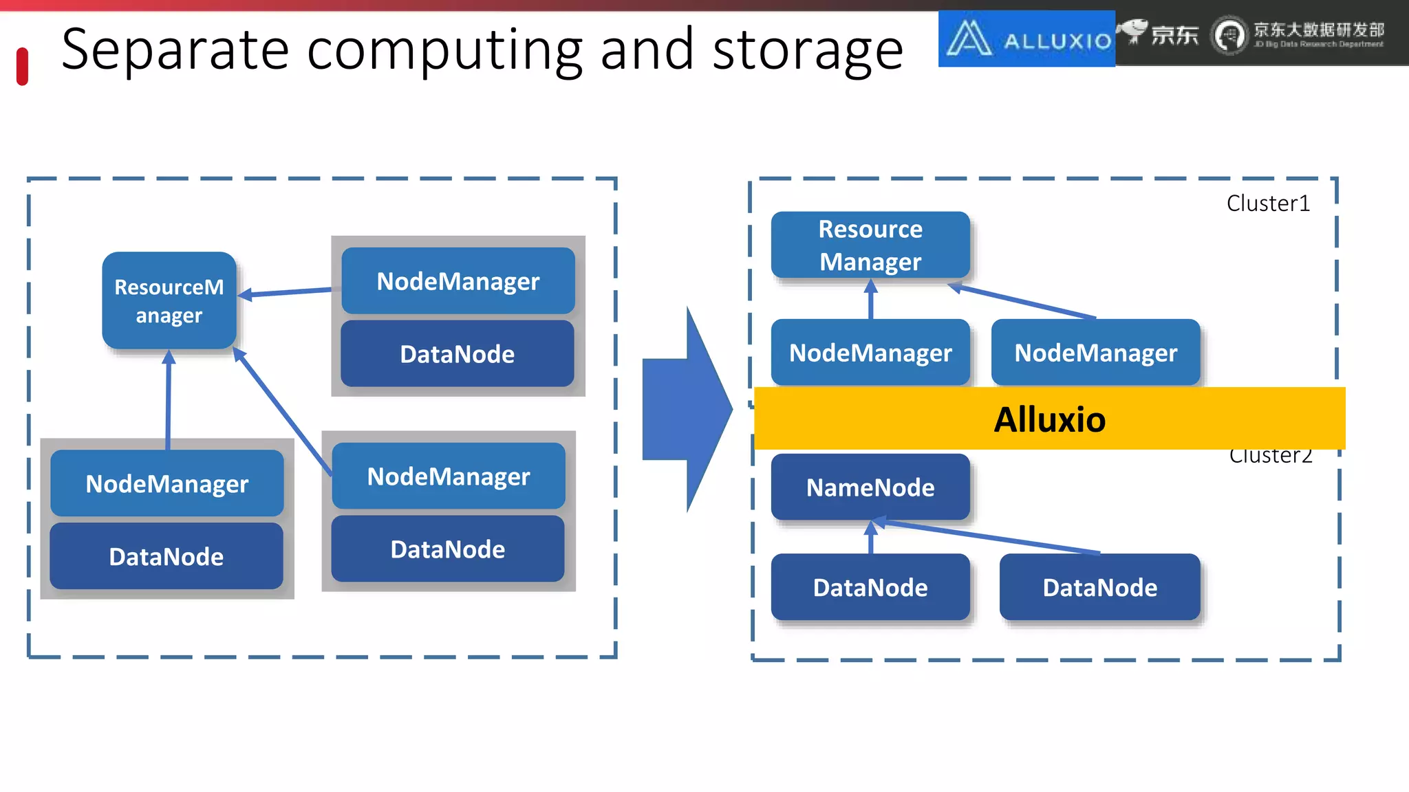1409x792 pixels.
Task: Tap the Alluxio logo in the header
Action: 1026,39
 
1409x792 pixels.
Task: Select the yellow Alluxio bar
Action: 1049,419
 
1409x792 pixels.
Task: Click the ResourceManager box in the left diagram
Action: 169,300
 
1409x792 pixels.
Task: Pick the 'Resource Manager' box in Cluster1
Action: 870,245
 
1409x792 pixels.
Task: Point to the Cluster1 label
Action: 1268,203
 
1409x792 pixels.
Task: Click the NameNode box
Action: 870,487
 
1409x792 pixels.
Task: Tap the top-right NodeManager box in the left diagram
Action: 458,281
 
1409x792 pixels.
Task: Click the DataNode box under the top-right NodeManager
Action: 458,354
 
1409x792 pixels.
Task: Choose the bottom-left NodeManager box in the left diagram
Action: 167,483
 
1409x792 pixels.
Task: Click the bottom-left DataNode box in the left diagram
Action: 166,556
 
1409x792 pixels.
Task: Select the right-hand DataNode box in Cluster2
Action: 1099,587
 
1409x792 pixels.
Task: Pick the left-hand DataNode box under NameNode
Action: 870,587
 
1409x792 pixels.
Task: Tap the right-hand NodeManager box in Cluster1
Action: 1095,353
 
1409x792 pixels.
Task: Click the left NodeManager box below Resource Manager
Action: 870,353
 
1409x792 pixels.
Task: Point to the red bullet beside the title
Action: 22,67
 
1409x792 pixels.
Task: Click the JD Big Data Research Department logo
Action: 1298,35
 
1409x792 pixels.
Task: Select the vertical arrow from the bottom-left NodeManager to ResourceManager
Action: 168,399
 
